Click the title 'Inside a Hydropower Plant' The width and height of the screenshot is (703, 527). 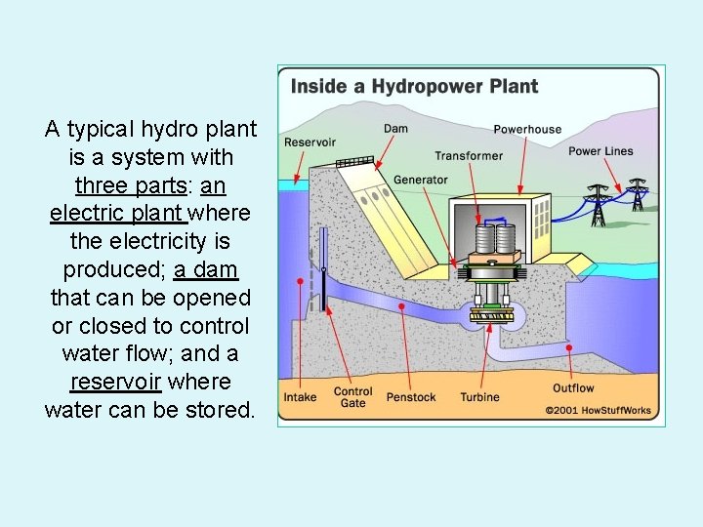pos(414,86)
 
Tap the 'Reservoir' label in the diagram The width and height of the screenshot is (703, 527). pos(310,142)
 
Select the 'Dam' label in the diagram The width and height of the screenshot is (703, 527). pos(395,129)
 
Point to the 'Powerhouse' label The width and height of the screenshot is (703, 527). pos(527,129)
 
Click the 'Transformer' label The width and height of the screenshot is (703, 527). pos(469,155)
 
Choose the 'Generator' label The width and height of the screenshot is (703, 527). pos(421,180)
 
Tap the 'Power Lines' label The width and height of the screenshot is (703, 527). pos(600,151)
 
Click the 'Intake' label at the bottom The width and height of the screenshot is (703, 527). pos(300,397)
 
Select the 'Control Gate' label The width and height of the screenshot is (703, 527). pos(352,397)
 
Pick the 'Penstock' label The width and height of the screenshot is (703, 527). pos(411,397)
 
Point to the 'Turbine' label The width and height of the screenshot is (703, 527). pos(479,397)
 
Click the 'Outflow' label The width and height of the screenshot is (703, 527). pos(573,388)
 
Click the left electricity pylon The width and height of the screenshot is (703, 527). pos(598,204)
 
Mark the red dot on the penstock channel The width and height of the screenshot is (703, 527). pos(402,305)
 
